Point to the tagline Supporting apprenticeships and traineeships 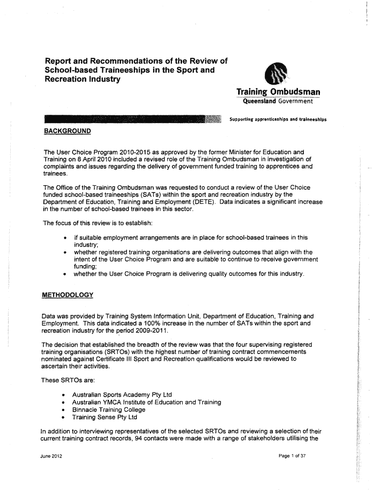pos(278,119)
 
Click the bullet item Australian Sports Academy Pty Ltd pos(122,394)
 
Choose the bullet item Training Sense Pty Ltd pos(105,417)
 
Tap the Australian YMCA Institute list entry pos(147,402)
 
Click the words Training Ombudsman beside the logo pos(278,92)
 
